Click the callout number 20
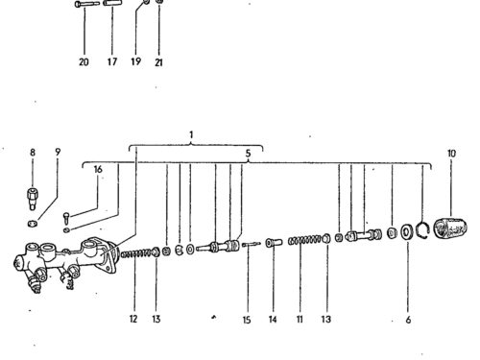pyautogui.click(x=84, y=61)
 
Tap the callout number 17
pyautogui.click(x=112, y=61)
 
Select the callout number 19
pyautogui.click(x=135, y=61)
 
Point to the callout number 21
pyautogui.click(x=158, y=62)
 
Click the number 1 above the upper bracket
pyautogui.click(x=191, y=135)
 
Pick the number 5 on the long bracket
pyautogui.click(x=248, y=154)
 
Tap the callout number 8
pyautogui.click(x=33, y=153)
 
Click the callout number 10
pyautogui.click(x=451, y=154)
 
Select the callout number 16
pyautogui.click(x=98, y=169)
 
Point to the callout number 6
pyautogui.click(x=408, y=320)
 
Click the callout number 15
pyautogui.click(x=247, y=320)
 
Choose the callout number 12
pyautogui.click(x=133, y=319)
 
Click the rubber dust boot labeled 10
pyautogui.click(x=450, y=228)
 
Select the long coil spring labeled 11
pyautogui.click(x=304, y=240)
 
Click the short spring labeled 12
pyautogui.click(x=135, y=254)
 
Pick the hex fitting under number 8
pyautogui.click(x=32, y=199)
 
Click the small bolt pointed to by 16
pyautogui.click(x=66, y=218)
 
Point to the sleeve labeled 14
pyautogui.click(x=274, y=242)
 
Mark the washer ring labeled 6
pyautogui.click(x=407, y=231)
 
